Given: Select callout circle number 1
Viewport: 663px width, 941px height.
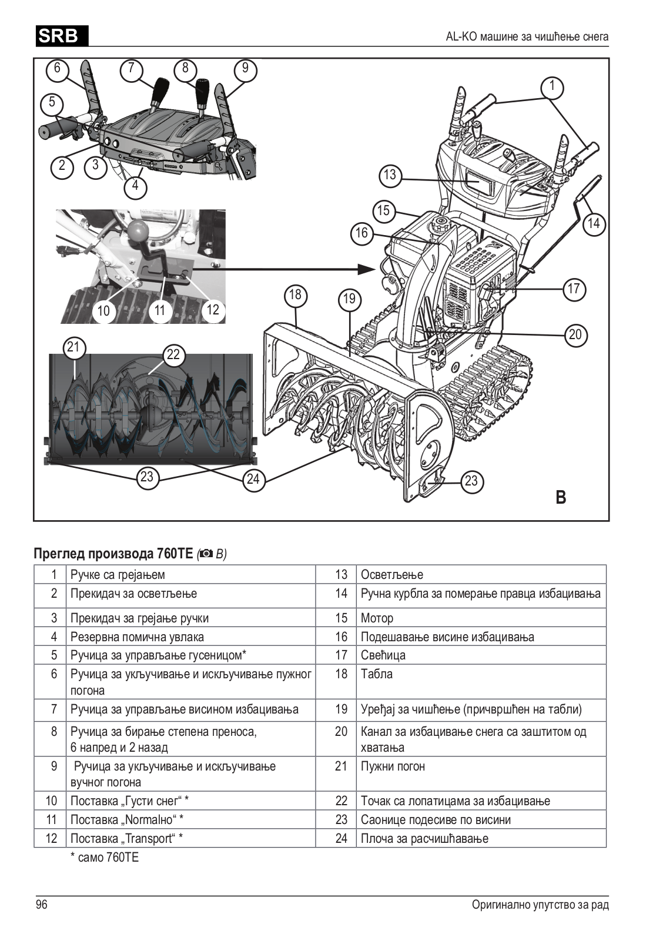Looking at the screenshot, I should [552, 87].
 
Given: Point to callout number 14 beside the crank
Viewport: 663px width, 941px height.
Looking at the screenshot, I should [594, 223].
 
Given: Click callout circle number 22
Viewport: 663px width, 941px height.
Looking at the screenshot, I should [173, 354].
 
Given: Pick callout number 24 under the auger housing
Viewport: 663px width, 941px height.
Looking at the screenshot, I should [253, 479].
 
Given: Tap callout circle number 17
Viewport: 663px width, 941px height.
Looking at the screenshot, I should [574, 289].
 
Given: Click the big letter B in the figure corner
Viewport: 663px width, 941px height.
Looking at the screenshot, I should [561, 497].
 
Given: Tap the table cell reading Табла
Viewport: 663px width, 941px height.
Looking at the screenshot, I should [376, 674].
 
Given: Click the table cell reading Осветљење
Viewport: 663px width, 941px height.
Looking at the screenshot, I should [391, 574].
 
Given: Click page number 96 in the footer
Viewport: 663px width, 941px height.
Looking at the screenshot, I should [42, 905].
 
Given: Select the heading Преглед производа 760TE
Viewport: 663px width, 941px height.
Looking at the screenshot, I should [113, 554].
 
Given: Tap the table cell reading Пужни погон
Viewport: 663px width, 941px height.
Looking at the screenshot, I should [393, 766].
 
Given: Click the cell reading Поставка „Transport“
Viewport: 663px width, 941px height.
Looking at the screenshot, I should [126, 838].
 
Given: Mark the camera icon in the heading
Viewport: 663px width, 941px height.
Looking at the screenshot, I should [207, 554].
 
